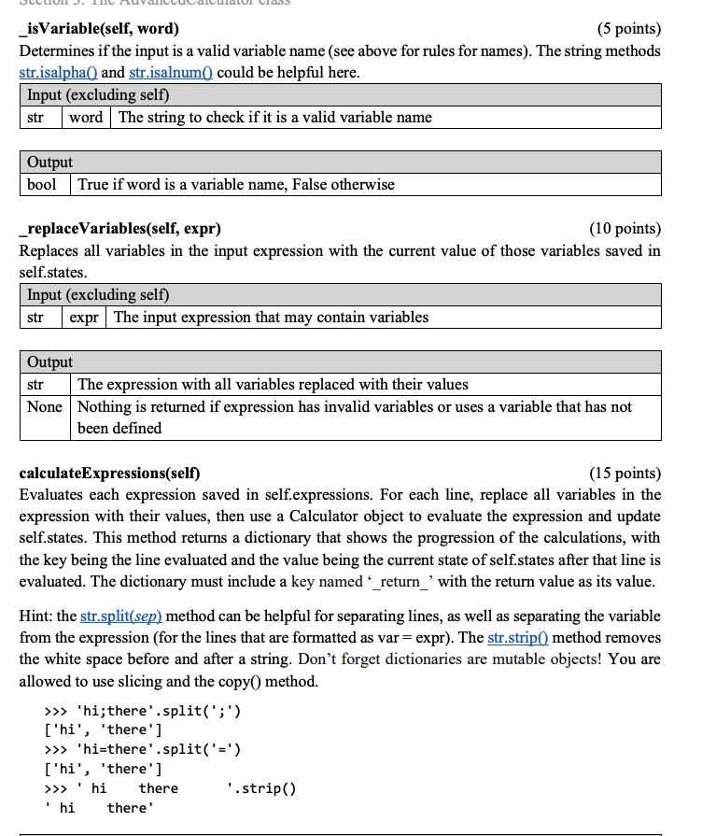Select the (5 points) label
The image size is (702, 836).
[x=625, y=28]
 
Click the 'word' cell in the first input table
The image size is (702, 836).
[x=86, y=117]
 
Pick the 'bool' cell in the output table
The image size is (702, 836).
[x=42, y=184]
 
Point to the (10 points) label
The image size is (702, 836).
[x=623, y=228]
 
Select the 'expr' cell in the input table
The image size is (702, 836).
[x=84, y=317]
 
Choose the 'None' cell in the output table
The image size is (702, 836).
[x=44, y=406]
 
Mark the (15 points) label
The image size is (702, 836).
[x=623, y=473]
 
